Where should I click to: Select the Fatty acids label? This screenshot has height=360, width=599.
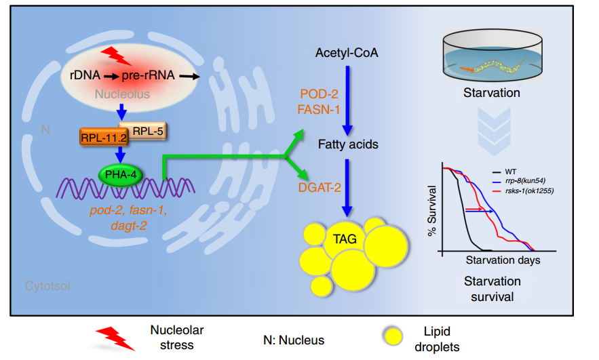tap(349, 144)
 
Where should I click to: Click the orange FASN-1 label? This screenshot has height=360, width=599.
tap(319, 108)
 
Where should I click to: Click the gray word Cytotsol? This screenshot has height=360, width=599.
tap(47, 285)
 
